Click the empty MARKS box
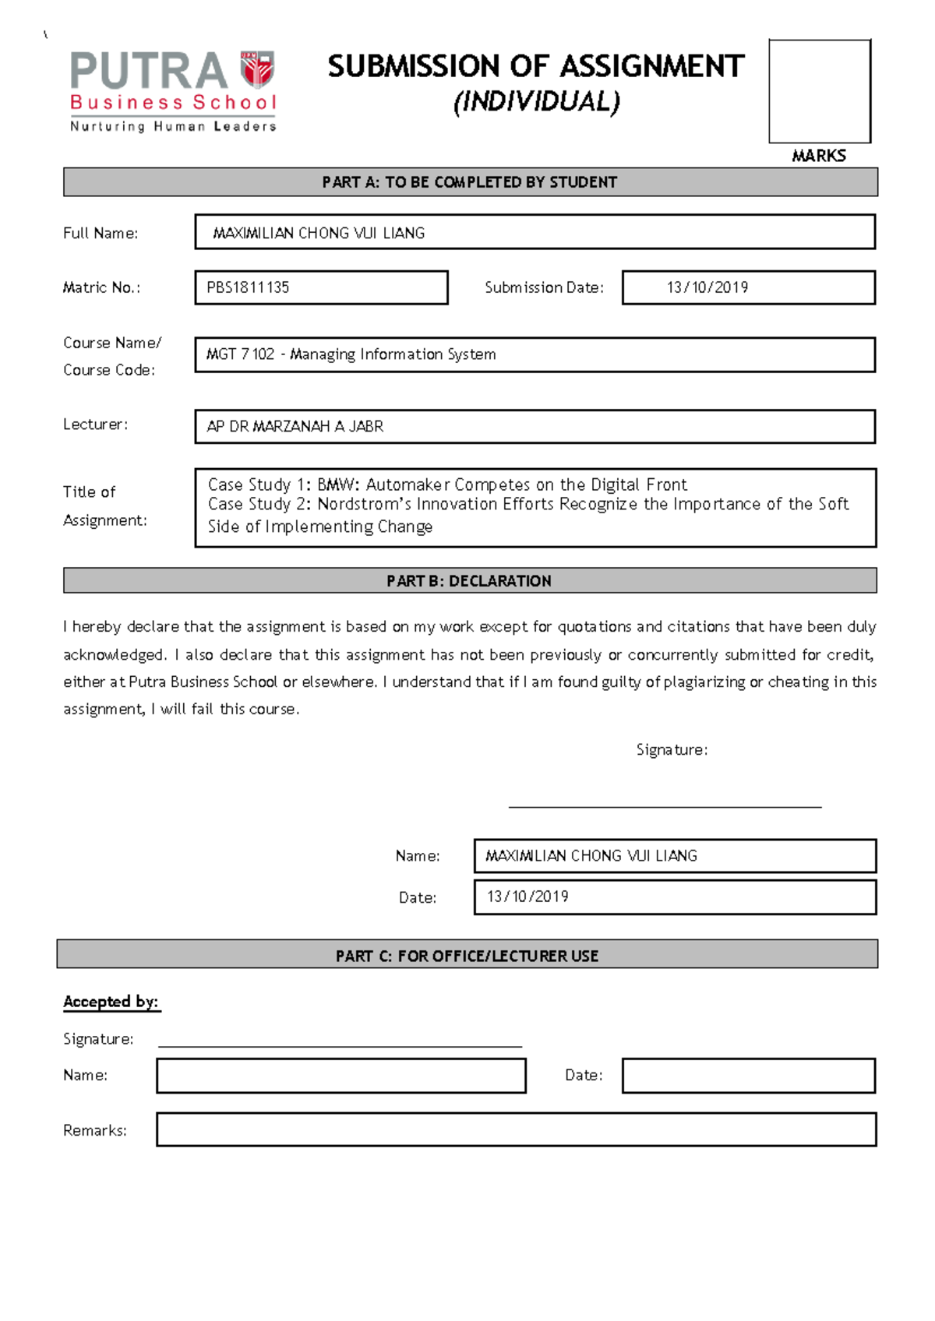click(x=819, y=91)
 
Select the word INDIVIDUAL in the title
click(x=537, y=102)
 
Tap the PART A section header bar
click(x=470, y=182)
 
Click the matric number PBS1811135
click(x=248, y=287)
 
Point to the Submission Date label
click(x=544, y=287)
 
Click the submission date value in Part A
click(x=707, y=287)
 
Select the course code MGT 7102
click(x=240, y=354)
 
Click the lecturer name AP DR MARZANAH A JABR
click(x=295, y=427)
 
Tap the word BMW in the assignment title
click(x=336, y=484)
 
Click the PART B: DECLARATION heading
click(x=469, y=581)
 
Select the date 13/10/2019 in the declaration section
click(x=527, y=897)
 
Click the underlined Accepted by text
click(x=111, y=1002)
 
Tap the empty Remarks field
click(x=516, y=1129)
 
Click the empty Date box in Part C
click(x=748, y=1076)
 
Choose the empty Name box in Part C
click(x=340, y=1076)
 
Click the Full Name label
click(x=101, y=233)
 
